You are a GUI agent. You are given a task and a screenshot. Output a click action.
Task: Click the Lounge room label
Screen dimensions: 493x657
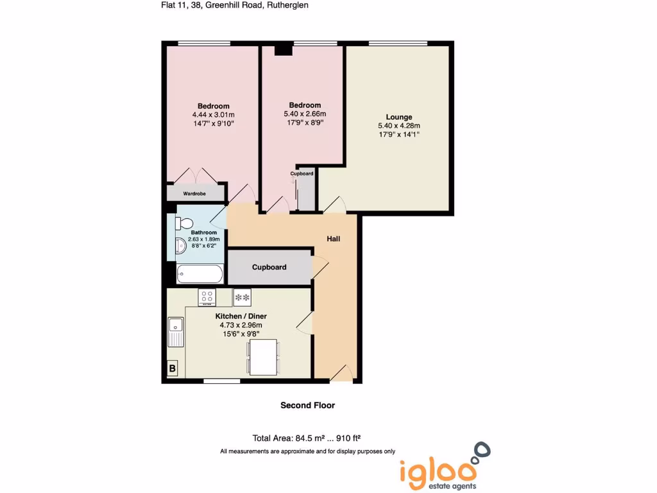[399, 117]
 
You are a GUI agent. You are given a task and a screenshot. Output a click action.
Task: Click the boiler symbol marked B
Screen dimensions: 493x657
[172, 368]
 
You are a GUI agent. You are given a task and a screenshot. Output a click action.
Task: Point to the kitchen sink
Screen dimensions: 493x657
[175, 333]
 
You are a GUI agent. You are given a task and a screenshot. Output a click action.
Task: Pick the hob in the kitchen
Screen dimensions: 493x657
[207, 297]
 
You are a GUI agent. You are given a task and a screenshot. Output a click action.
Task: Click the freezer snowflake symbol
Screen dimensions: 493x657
[243, 297]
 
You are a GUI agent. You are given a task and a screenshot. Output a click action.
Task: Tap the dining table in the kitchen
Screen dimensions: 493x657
[263, 357]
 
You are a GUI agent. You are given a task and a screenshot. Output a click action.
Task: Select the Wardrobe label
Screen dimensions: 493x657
[194, 193]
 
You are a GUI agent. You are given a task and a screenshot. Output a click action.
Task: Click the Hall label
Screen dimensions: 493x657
[334, 239]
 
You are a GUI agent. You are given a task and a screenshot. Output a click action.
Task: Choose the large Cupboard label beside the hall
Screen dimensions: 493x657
[269, 267]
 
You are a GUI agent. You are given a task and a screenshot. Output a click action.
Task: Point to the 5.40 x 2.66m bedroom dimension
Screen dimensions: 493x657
[305, 114]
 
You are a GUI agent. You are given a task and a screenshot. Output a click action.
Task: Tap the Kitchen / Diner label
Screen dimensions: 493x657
[241, 316]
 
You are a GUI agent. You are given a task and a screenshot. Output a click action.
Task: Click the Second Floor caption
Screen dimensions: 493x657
[307, 405]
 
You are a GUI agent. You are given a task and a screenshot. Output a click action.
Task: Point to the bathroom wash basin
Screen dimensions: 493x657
[180, 245]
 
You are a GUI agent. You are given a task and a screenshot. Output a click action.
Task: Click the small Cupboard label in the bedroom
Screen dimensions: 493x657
[302, 174]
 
